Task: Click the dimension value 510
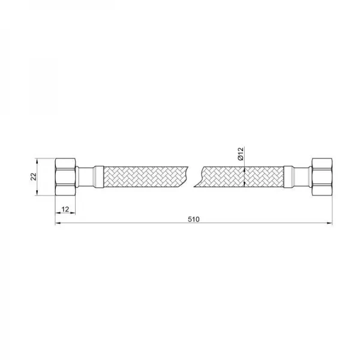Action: (194, 219)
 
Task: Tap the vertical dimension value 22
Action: (34, 176)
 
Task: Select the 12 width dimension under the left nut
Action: (65, 209)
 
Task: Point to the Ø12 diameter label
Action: (241, 154)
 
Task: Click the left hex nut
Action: (65, 177)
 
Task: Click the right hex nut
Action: (322, 177)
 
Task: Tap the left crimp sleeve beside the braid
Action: (98, 177)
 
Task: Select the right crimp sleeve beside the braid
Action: (289, 177)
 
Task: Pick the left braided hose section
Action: (146, 177)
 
